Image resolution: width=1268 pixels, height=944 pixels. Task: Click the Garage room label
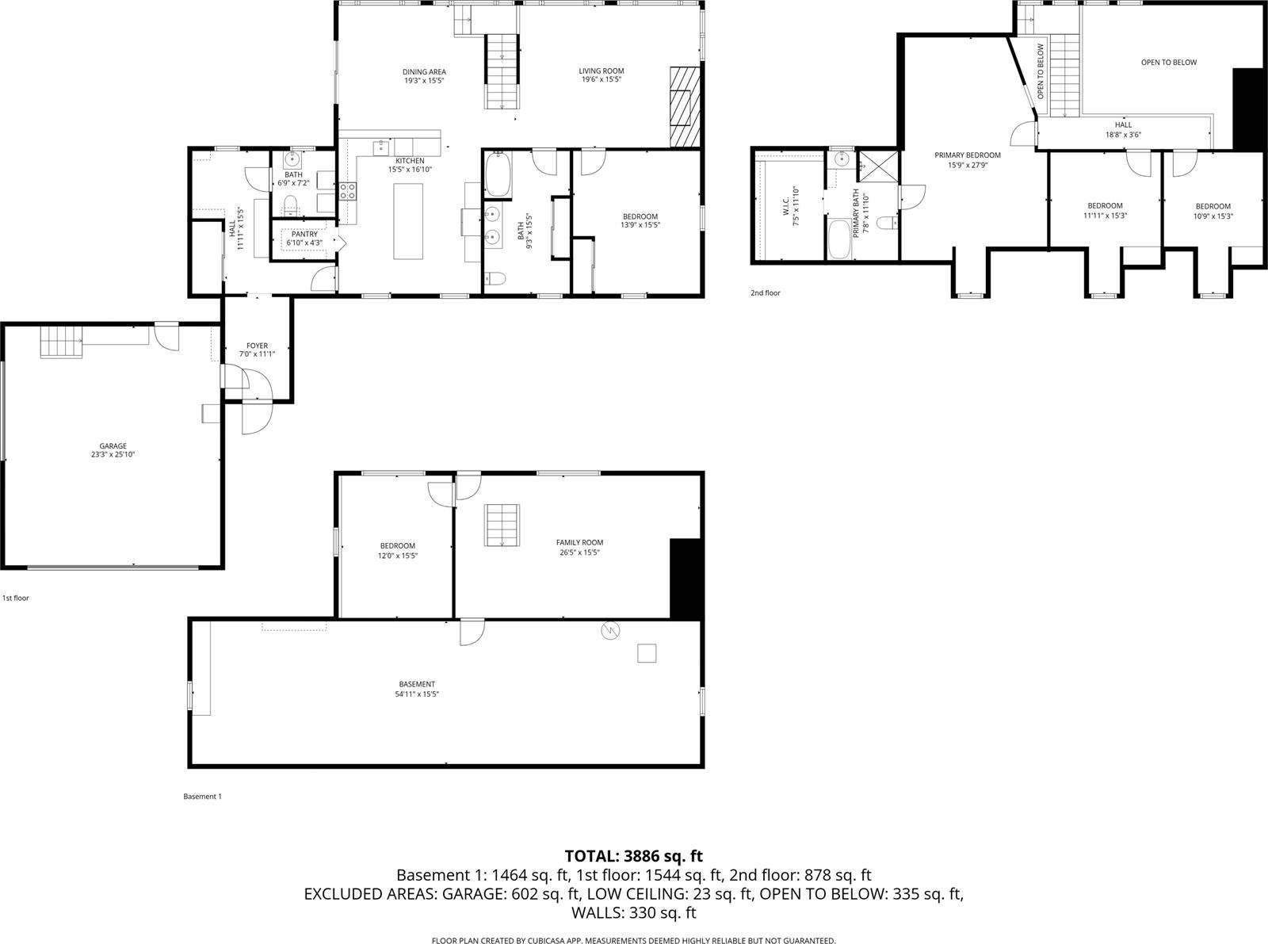[113, 446]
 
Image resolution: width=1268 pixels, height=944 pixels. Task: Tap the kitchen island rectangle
[409, 220]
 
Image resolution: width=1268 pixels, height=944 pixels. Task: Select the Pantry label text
[304, 234]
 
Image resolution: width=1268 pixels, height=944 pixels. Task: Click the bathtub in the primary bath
[838, 239]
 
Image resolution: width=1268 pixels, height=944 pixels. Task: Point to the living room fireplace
[686, 106]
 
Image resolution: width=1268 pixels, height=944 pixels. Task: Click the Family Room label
[579, 543]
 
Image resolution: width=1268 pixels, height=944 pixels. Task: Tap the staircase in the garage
[61, 343]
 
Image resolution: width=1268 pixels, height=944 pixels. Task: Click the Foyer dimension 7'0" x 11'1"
[257, 354]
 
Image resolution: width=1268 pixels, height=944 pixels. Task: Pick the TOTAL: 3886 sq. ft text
[633, 856]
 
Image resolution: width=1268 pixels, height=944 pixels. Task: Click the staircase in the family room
[502, 525]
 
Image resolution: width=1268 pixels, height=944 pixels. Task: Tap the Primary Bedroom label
[967, 155]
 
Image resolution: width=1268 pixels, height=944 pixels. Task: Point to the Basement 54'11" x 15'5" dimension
[417, 694]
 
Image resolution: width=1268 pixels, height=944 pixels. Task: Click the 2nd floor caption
[766, 293]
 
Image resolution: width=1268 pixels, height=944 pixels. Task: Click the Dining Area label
[424, 72]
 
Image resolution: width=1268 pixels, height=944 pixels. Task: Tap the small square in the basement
[647, 653]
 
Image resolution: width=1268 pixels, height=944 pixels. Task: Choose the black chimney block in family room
[686, 579]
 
